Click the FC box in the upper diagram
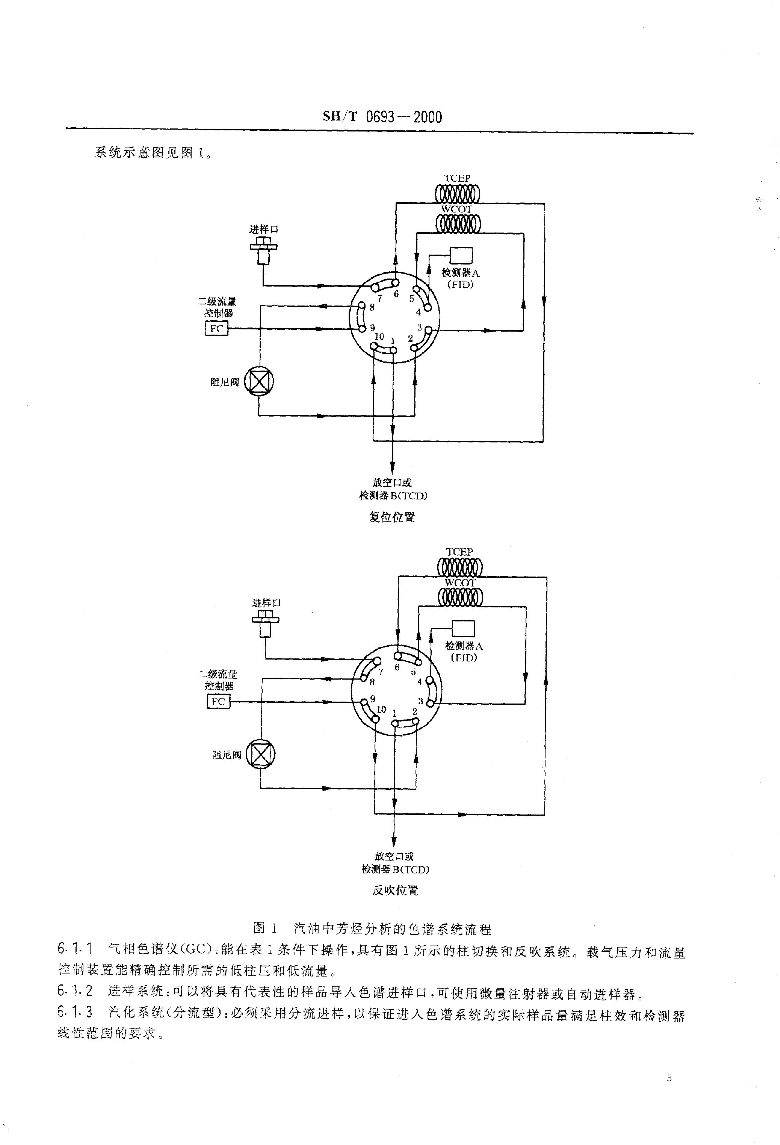coord(217,328)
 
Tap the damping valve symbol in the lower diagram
coord(260,754)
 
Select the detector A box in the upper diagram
coord(461,255)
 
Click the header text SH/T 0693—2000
coord(383,117)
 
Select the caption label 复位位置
coord(392,517)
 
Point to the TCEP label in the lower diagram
coord(459,552)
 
